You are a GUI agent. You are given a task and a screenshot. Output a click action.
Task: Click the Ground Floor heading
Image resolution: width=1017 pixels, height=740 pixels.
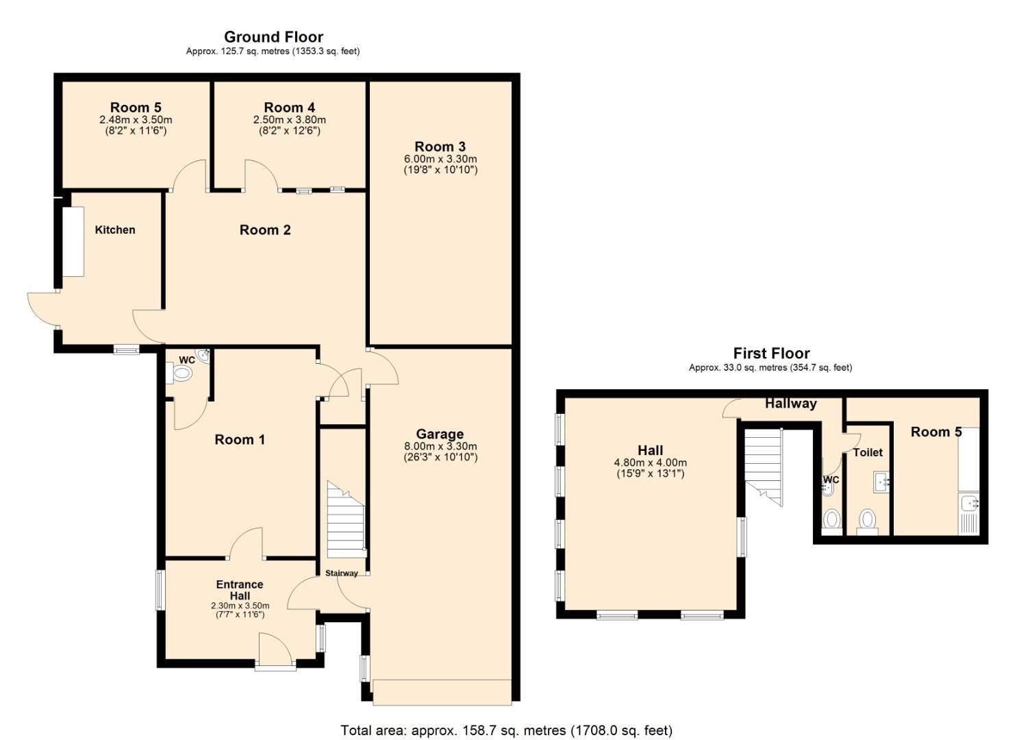[x=273, y=37]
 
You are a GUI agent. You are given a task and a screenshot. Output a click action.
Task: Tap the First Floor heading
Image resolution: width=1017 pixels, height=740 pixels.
[x=771, y=354]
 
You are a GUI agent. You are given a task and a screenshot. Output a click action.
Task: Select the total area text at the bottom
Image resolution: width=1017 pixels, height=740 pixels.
[x=507, y=730]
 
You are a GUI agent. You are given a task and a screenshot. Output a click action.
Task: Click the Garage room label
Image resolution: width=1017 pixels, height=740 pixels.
[x=440, y=434]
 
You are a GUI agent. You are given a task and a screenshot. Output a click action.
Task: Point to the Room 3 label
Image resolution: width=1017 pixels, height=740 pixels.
[x=440, y=147]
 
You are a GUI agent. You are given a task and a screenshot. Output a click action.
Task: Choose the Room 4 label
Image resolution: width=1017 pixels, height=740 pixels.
[x=289, y=108]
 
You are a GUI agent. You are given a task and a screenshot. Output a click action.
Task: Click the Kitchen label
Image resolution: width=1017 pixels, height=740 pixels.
[x=115, y=230]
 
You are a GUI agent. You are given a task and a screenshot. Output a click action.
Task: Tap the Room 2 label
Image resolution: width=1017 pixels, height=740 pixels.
[x=265, y=230]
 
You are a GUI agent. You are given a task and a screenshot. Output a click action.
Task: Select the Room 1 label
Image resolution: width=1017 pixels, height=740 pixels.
[x=240, y=440]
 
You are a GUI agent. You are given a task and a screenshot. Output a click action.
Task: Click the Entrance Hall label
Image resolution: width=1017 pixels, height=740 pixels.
[x=240, y=590]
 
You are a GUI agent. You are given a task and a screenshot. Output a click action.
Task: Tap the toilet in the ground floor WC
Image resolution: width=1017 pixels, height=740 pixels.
[x=181, y=374]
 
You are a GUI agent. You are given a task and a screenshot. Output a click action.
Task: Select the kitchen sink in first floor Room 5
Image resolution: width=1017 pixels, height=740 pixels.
[x=970, y=504]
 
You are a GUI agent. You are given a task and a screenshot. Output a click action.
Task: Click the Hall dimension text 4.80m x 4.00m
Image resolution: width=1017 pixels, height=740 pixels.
[x=650, y=463]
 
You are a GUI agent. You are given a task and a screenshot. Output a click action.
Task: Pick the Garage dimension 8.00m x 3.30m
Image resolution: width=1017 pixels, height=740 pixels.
[x=440, y=447]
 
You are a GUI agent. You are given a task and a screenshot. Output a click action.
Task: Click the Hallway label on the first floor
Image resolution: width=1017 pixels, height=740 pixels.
[x=790, y=404]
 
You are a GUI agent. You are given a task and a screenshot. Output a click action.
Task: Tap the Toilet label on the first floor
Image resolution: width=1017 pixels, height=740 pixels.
[x=868, y=452]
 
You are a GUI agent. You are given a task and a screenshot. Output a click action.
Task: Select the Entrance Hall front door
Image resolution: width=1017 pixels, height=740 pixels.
[x=275, y=650]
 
